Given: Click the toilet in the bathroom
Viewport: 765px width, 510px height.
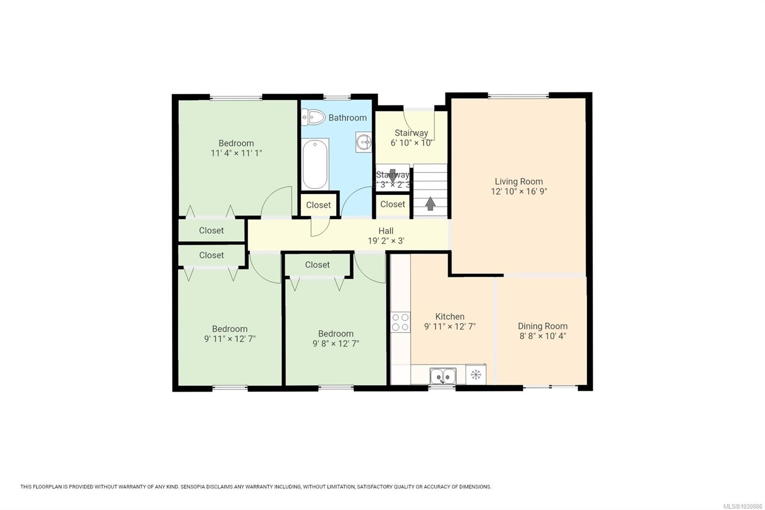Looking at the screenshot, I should click(x=313, y=117).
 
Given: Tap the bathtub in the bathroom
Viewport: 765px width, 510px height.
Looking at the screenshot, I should click(x=315, y=164).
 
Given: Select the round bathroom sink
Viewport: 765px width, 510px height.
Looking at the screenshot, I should click(x=364, y=142).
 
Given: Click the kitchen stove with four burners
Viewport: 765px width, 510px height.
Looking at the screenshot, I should click(x=400, y=322).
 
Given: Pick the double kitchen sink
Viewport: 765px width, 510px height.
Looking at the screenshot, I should click(x=443, y=376).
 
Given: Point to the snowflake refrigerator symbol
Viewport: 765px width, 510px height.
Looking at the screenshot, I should click(x=476, y=375).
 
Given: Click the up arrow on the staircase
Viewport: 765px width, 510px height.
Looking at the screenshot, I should click(x=430, y=203).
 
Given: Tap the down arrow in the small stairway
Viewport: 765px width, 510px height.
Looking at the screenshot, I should click(x=393, y=175).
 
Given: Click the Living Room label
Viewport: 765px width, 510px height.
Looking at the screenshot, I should click(x=519, y=181).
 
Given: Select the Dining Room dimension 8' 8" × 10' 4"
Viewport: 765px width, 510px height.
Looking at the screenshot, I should click(x=543, y=336).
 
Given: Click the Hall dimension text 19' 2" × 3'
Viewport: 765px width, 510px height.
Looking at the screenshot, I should click(x=386, y=241).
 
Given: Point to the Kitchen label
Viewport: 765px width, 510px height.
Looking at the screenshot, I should click(x=449, y=316).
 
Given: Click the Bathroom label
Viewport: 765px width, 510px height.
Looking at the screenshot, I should click(x=348, y=118).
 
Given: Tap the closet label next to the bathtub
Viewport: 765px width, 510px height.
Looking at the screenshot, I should click(x=318, y=205).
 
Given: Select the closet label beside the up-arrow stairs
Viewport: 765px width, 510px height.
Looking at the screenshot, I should click(x=393, y=204).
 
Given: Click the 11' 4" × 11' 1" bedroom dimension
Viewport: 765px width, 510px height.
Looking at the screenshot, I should click(x=236, y=153).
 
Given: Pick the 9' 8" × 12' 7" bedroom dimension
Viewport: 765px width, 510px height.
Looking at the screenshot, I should click(x=336, y=344).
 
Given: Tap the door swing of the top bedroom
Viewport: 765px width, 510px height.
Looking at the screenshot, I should click(x=278, y=201).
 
